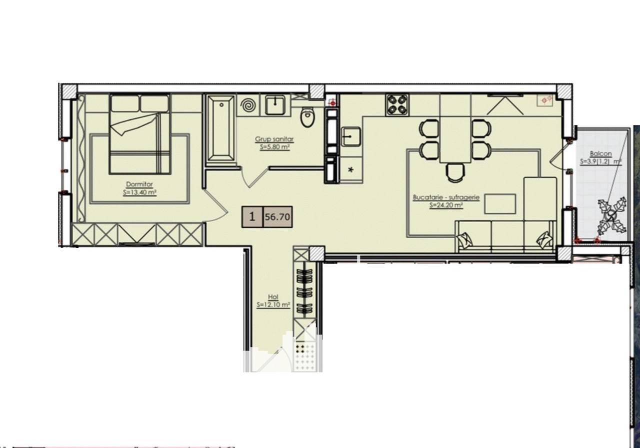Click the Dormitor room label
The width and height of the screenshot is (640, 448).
point(139,184)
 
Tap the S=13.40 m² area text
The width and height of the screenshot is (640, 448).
point(139,192)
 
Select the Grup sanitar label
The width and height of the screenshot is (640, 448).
point(274,139)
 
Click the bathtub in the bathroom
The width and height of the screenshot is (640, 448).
point(221,128)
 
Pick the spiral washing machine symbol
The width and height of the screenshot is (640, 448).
point(248,106)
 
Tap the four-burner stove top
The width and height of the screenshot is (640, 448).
point(397,105)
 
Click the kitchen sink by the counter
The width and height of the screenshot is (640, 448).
point(351,136)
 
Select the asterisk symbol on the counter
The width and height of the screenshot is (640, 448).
point(351,170)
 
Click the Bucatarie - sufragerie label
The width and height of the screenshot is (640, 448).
point(446,197)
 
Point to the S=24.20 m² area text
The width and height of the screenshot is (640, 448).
point(446,205)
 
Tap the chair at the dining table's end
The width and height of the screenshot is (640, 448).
point(455,173)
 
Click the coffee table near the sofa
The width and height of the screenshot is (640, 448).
point(500,204)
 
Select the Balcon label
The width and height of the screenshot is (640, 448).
point(601,154)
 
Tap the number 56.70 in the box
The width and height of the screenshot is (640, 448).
point(277,217)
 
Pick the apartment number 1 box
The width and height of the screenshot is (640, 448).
point(252,217)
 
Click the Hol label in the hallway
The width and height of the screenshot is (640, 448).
point(273,297)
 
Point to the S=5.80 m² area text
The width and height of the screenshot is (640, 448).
point(275,147)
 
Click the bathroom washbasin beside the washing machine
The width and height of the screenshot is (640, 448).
point(275,105)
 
